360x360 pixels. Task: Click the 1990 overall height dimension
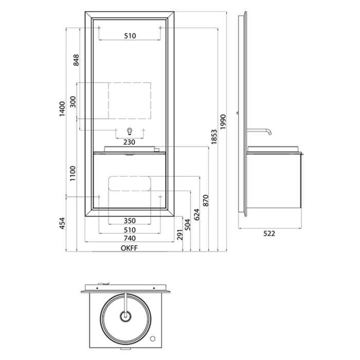223,122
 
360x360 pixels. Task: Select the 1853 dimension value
214,137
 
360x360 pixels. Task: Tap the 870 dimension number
206,201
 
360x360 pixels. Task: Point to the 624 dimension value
197,214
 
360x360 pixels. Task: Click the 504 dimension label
188,225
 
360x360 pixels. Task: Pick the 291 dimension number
180,235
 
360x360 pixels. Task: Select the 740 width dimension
130,238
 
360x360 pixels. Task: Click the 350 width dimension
130,221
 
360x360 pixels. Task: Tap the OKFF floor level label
129,248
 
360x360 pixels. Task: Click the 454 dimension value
62,223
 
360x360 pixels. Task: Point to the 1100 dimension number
73,174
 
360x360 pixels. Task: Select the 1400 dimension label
62,109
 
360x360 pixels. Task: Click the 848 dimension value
76,60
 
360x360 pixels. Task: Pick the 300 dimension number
73,102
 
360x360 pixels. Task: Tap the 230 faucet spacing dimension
129,142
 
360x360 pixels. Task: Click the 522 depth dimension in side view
269,233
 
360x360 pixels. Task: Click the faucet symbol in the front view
130,131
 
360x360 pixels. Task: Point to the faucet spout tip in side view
270,134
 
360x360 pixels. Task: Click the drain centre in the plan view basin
125,317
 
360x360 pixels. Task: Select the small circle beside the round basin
152,338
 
